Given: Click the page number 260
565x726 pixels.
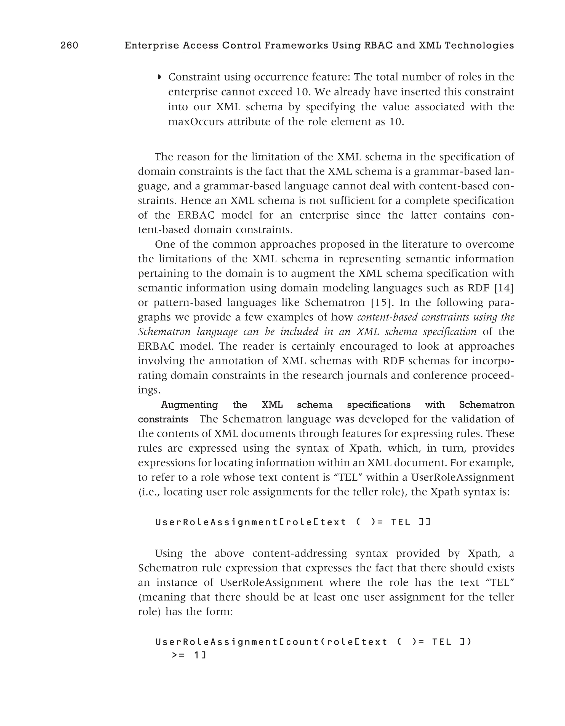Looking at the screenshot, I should coord(69,45).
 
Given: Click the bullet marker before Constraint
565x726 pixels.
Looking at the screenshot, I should coord(159,77).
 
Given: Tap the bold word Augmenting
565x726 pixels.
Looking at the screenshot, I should coord(189,404).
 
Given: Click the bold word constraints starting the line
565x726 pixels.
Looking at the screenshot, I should coord(163,419).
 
